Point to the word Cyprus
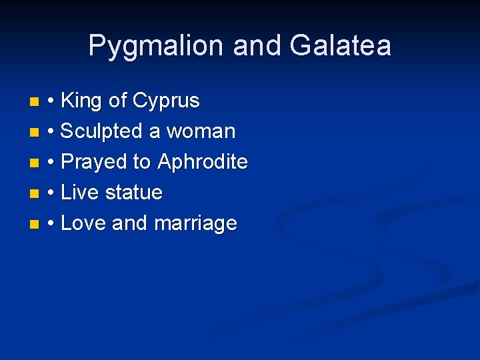point(166,101)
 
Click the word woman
point(201,131)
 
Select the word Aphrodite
point(203,162)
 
